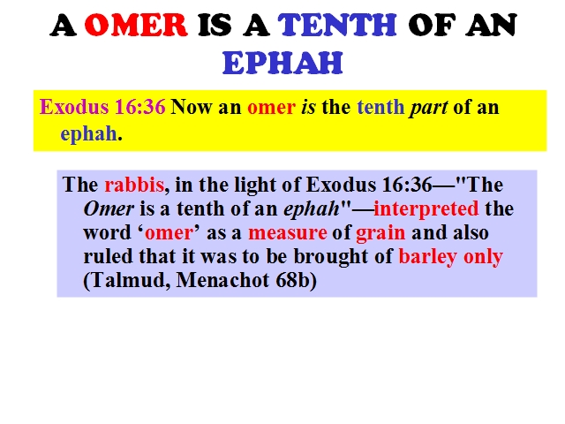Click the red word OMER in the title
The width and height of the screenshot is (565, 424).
(x=136, y=25)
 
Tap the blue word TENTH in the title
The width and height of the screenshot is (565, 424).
(x=337, y=25)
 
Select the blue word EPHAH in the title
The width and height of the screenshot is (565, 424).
(x=282, y=63)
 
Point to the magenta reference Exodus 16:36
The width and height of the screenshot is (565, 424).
(x=102, y=107)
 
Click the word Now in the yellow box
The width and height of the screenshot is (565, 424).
(x=191, y=107)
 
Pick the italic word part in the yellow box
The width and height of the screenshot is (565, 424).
(x=428, y=108)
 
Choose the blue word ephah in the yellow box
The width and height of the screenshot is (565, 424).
(x=88, y=134)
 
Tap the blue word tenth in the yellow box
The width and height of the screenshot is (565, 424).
(x=380, y=108)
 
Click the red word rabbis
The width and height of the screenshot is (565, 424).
(x=134, y=185)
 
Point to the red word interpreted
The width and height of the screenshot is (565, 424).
(x=426, y=209)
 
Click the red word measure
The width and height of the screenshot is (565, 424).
(x=288, y=233)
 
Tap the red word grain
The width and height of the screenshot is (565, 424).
(x=380, y=233)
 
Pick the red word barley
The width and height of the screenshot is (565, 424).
(x=427, y=257)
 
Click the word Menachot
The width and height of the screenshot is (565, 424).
(x=222, y=280)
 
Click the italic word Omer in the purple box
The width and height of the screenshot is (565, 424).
(x=109, y=208)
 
